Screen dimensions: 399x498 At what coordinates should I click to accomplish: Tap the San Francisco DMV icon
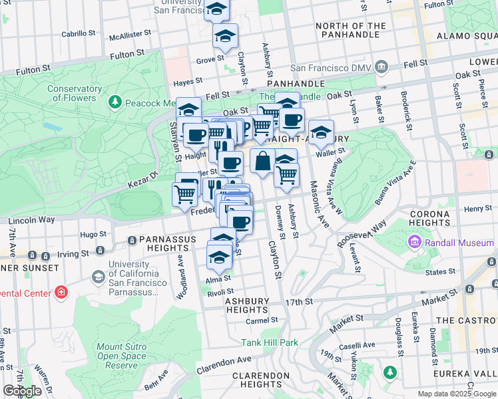pos(381,66)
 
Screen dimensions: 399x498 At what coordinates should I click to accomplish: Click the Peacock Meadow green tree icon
pos(116,102)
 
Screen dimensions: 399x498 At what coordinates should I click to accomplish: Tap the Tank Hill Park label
pos(269,342)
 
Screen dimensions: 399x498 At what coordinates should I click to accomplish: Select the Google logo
pos(22,391)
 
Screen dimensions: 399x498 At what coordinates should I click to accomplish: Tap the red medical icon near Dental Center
pos(61,291)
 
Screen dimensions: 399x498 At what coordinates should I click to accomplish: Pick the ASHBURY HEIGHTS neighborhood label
pos(246,305)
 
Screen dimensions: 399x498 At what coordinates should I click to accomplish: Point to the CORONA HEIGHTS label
pos(439,219)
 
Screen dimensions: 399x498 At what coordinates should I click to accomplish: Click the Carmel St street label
pos(261,320)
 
